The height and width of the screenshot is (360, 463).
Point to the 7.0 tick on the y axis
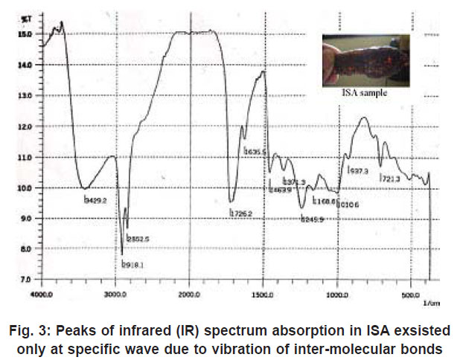point(27,279)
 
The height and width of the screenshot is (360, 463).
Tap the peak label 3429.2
point(96,199)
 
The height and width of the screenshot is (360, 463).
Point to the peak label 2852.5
point(138,238)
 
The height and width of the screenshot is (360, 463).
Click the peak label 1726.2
point(241,214)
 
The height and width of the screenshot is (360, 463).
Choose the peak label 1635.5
point(255,152)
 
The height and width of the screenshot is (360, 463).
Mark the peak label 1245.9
point(312,219)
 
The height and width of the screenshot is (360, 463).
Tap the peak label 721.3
point(391,179)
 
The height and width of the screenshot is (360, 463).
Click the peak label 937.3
point(359,171)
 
